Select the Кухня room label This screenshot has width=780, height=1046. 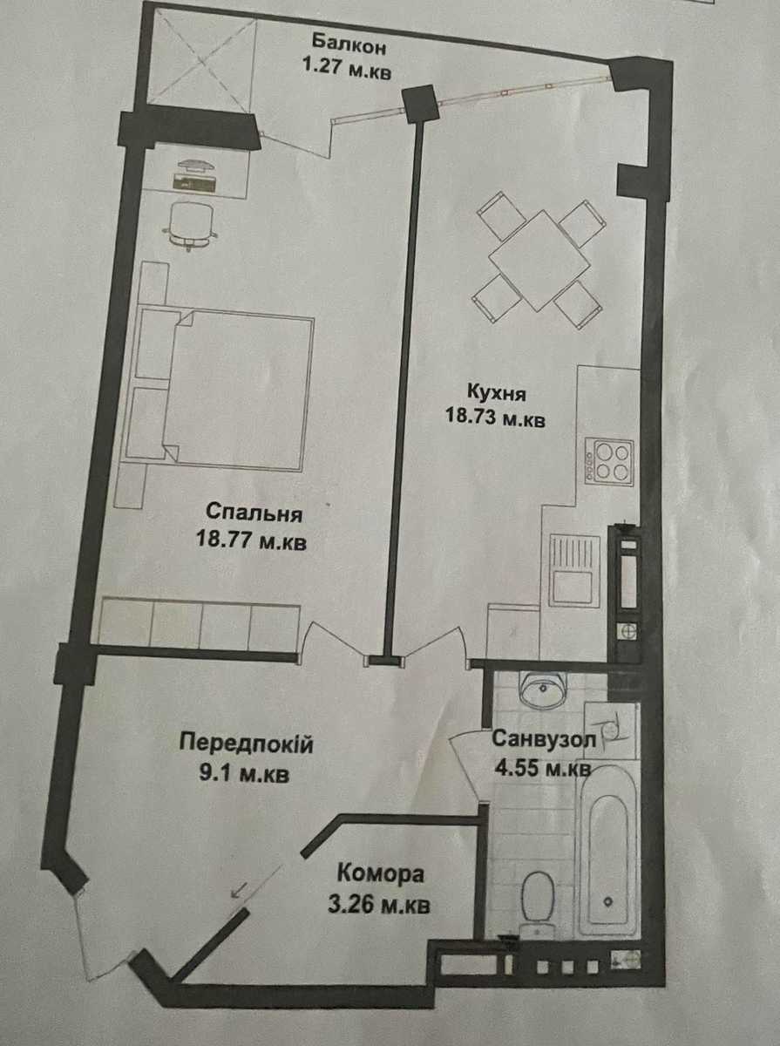tap(496, 394)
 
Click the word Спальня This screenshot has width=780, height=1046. tap(254, 514)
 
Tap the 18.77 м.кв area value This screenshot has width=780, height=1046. tap(251, 541)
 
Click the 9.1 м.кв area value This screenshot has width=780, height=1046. tap(244, 773)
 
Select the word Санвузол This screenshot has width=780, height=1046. tap(544, 740)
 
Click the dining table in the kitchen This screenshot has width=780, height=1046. tap(540, 261)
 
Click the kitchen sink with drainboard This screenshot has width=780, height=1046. tap(574, 570)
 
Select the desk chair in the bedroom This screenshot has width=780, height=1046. tap(191, 225)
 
